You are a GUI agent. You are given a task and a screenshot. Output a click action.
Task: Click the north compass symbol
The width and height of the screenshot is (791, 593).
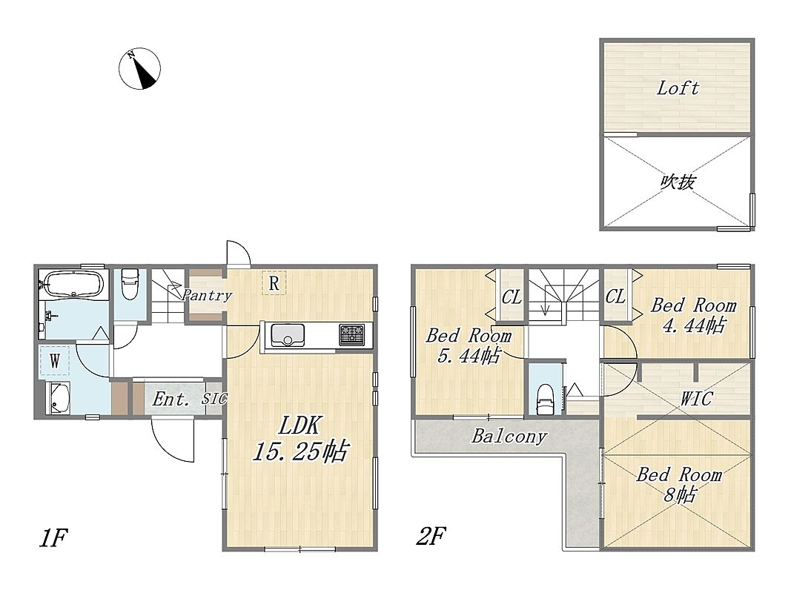[x=139, y=69]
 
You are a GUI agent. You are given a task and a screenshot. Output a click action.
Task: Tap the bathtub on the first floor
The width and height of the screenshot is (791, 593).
[x=73, y=283]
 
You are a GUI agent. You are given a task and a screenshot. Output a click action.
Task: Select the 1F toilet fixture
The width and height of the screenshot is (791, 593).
[x=130, y=285]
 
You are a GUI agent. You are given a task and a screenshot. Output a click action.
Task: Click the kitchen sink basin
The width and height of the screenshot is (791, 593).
[x=288, y=335]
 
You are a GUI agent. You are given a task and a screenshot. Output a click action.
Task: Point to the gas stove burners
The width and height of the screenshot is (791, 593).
[x=351, y=335]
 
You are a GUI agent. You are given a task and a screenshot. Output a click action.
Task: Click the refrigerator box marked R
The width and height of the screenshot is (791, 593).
[x=274, y=283]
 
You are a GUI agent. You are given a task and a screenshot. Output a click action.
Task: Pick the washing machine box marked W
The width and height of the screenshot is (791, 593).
[x=54, y=361]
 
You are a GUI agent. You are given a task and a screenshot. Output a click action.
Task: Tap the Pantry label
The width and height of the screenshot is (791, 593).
[x=207, y=295]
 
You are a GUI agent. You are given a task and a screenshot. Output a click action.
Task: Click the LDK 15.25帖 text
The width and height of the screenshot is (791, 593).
[x=300, y=438]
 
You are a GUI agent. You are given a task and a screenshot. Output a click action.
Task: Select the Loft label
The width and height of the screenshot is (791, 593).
[x=678, y=89]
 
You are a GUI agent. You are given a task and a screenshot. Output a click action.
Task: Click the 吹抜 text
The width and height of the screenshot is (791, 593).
[x=678, y=182]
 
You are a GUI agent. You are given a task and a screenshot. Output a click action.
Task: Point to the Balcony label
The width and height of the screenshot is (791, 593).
[x=509, y=436]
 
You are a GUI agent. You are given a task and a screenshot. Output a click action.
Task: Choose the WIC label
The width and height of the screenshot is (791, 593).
[x=695, y=399]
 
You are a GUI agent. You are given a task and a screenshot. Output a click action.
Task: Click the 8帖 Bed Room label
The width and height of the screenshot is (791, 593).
[x=679, y=485]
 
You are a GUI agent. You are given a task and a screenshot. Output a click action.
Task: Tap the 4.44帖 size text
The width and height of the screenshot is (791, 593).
[x=694, y=326]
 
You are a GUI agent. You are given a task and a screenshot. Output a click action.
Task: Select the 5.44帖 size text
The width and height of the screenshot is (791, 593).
[x=469, y=357]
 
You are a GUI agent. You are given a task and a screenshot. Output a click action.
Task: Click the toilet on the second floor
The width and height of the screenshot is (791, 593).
[x=544, y=399]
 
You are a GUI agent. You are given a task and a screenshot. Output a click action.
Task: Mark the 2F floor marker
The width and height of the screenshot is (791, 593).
[x=430, y=536]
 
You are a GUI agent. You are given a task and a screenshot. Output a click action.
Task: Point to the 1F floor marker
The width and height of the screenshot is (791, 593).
[x=53, y=538]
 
